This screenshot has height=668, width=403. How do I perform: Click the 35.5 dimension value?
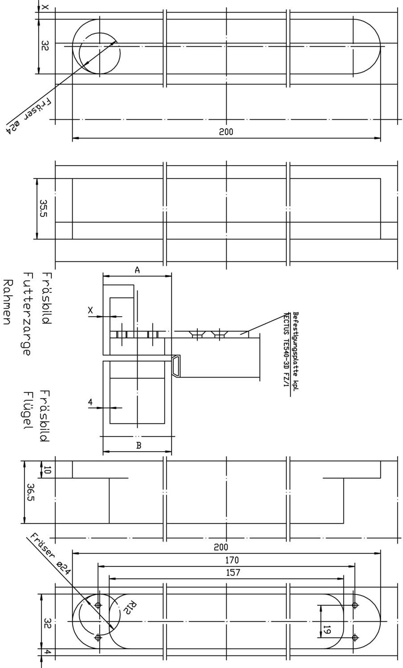[43, 208]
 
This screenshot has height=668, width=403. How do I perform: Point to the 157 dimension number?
[233, 573]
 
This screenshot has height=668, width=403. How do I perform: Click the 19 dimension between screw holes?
[327, 630]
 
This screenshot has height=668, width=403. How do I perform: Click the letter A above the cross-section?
[137, 270]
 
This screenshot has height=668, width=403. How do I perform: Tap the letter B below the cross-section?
[138, 445]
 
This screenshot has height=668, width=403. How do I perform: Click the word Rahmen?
[8, 302]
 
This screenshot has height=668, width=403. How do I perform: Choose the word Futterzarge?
[26, 314]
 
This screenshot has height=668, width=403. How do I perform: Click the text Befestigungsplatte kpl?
[296, 352]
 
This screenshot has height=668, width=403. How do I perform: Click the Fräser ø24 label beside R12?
[50, 554]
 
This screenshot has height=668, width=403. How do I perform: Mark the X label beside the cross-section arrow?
[90, 310]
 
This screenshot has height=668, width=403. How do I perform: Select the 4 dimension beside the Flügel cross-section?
[90, 402]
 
